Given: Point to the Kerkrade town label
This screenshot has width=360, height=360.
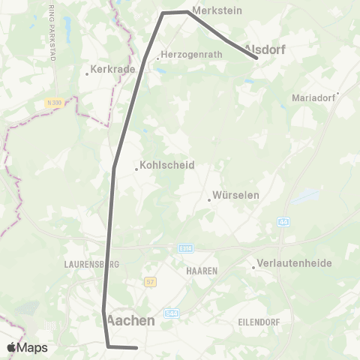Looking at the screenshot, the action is [x=112, y=69].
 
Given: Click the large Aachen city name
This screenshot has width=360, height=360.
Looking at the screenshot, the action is [x=131, y=320].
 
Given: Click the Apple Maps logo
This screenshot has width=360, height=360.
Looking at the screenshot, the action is [x=27, y=347].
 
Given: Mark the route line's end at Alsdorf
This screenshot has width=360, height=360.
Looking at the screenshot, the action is [x=256, y=58].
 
